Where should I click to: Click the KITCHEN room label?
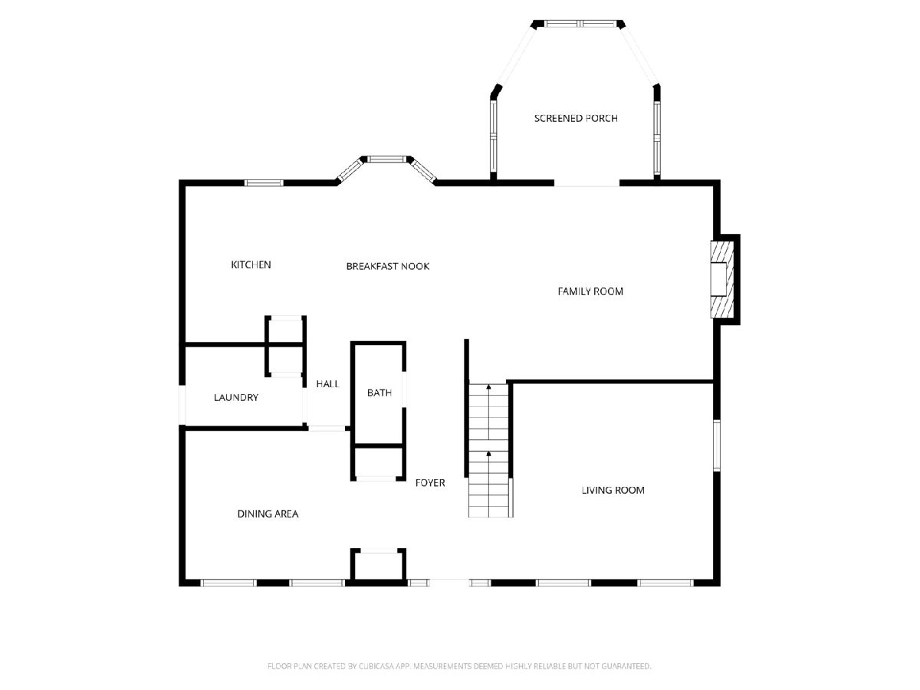click(251, 264)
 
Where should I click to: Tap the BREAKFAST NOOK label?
click(388, 267)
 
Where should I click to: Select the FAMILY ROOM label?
click(590, 291)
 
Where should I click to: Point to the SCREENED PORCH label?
click(576, 119)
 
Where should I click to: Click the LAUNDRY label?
click(236, 398)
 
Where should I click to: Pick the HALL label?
click(328, 384)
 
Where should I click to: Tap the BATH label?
click(379, 393)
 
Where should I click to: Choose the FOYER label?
click(430, 483)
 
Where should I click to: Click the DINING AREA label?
click(268, 514)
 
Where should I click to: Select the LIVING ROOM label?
click(613, 490)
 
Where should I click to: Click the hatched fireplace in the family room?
click(722, 279)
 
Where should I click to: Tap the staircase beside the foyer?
click(488, 450)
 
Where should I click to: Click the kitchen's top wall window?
click(264, 182)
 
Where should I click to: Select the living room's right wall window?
click(717, 445)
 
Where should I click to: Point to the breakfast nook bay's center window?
click(387, 159)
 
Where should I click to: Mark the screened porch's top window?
click(580, 24)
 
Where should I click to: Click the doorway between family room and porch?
click(586, 183)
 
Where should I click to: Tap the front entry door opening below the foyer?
click(449, 583)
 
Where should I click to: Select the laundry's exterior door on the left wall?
click(182, 405)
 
